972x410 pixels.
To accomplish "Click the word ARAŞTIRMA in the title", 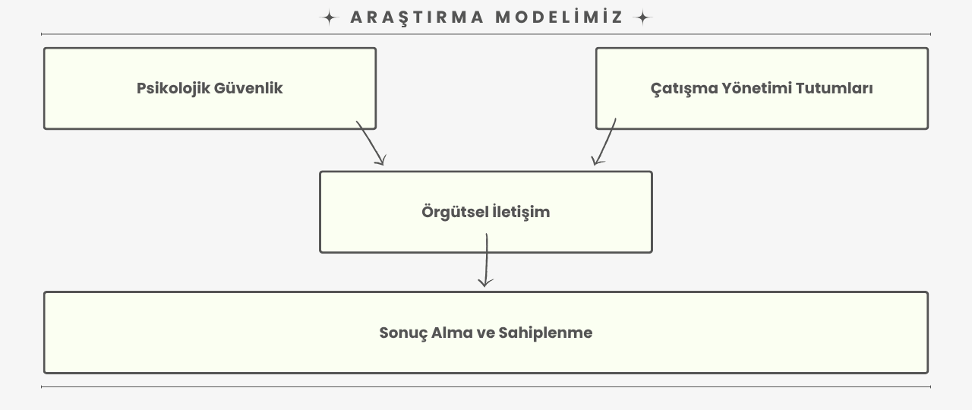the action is point(417,18).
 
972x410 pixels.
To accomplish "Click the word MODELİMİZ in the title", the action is point(559,17).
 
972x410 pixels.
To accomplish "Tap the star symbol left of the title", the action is point(330,17).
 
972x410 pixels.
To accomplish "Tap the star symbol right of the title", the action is point(642,17).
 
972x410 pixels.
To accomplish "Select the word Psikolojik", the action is point(173,89).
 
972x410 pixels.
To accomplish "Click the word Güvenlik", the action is point(248,88).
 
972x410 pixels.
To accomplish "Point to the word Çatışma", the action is point(684,89).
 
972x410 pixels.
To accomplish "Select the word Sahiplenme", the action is point(545,333).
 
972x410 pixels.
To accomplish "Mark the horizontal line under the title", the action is point(486,34).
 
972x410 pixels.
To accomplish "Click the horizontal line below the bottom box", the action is point(486,386).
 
